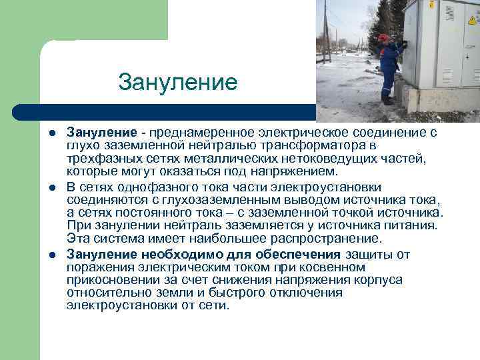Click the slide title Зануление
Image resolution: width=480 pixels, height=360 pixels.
[x=177, y=83]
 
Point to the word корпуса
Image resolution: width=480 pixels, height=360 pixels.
[x=380, y=279]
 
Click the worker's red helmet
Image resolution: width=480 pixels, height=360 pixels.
[x=383, y=37]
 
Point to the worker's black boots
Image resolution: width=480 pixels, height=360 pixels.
[x=387, y=101]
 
